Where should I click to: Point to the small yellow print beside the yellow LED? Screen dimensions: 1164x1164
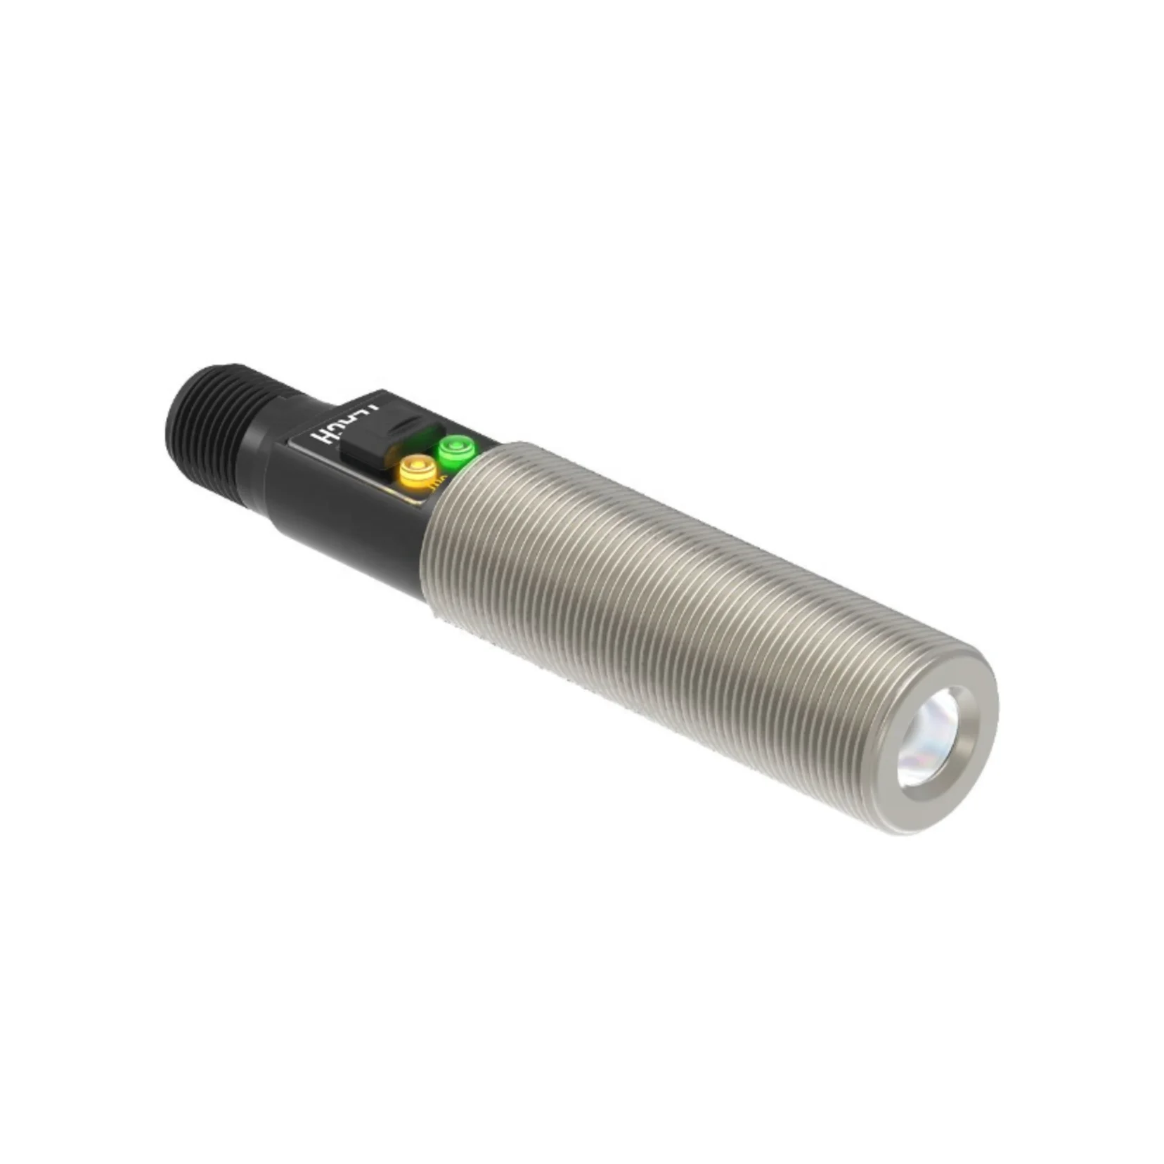(x=440, y=482)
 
